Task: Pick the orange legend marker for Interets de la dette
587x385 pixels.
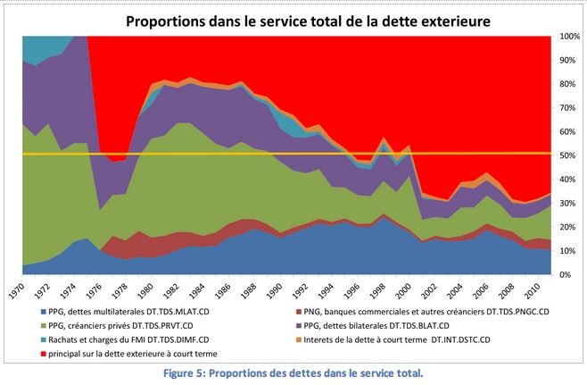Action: point(303,340)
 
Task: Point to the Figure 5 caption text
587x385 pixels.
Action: point(293,372)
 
